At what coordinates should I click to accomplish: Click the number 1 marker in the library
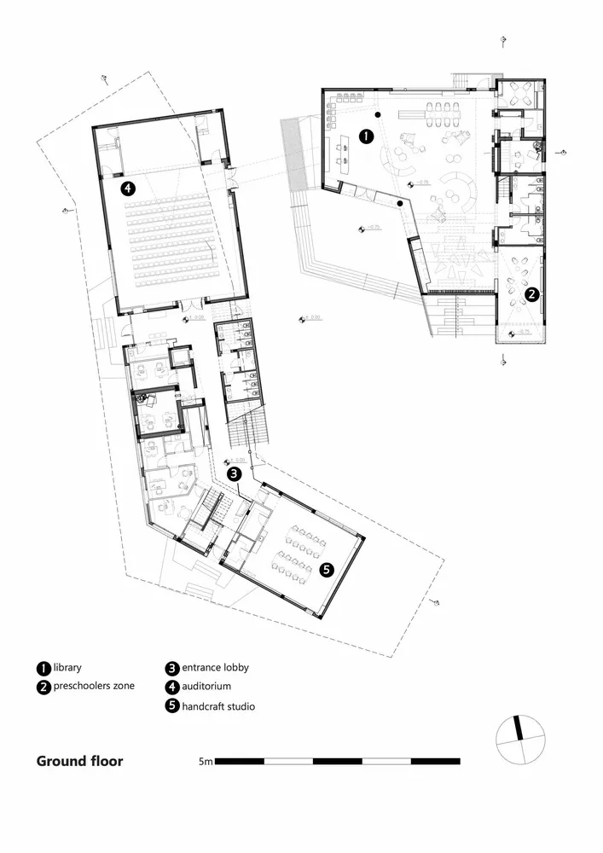point(366,135)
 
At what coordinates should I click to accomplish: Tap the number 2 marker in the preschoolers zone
point(531,295)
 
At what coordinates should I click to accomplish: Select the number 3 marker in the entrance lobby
point(233,473)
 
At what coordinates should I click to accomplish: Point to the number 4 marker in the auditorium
point(128,189)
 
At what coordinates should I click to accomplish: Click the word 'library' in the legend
point(67,668)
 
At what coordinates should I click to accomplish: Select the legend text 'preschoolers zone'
point(93,686)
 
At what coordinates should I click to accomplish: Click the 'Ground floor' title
point(79,761)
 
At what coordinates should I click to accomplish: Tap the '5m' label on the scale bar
point(205,761)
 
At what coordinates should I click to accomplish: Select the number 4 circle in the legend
point(171,687)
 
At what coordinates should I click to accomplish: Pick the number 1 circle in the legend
point(43,669)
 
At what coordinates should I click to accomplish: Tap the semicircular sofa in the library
point(465,190)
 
